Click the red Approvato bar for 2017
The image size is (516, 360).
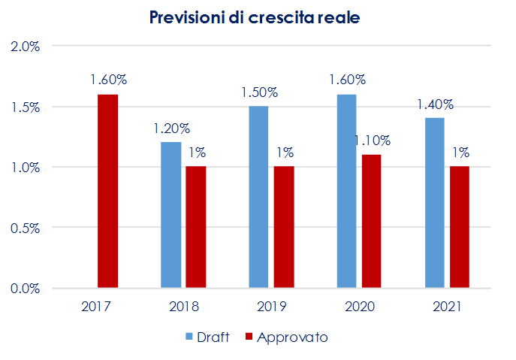108,191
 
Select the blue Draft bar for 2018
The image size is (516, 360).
171,215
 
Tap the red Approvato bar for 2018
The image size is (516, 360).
196,227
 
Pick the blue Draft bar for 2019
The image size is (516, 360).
258,197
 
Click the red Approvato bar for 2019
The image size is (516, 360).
284,227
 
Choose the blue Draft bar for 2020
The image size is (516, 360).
346,191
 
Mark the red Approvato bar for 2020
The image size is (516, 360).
372,221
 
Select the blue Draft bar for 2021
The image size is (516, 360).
434,203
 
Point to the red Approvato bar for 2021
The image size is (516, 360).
460,227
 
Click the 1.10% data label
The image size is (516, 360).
372,140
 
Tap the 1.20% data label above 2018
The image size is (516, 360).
171,128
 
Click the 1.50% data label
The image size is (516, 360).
259,92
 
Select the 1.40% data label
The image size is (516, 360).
436,104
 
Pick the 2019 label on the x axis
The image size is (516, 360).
271,307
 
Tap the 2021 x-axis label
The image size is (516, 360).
447,307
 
